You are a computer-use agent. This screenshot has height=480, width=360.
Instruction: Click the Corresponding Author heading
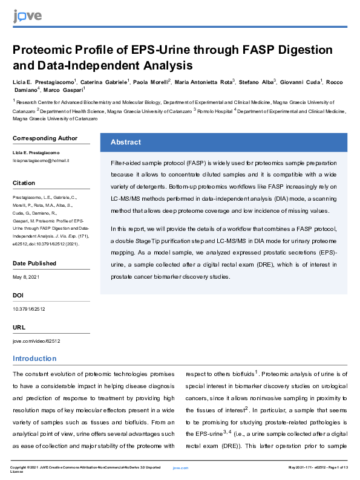45,138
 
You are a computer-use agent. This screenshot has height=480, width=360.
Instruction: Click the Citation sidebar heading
24,183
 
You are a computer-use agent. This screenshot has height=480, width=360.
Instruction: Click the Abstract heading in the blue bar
125,142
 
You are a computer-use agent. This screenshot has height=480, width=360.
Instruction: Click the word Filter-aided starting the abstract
128,164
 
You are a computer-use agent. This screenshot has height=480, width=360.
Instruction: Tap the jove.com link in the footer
180,468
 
